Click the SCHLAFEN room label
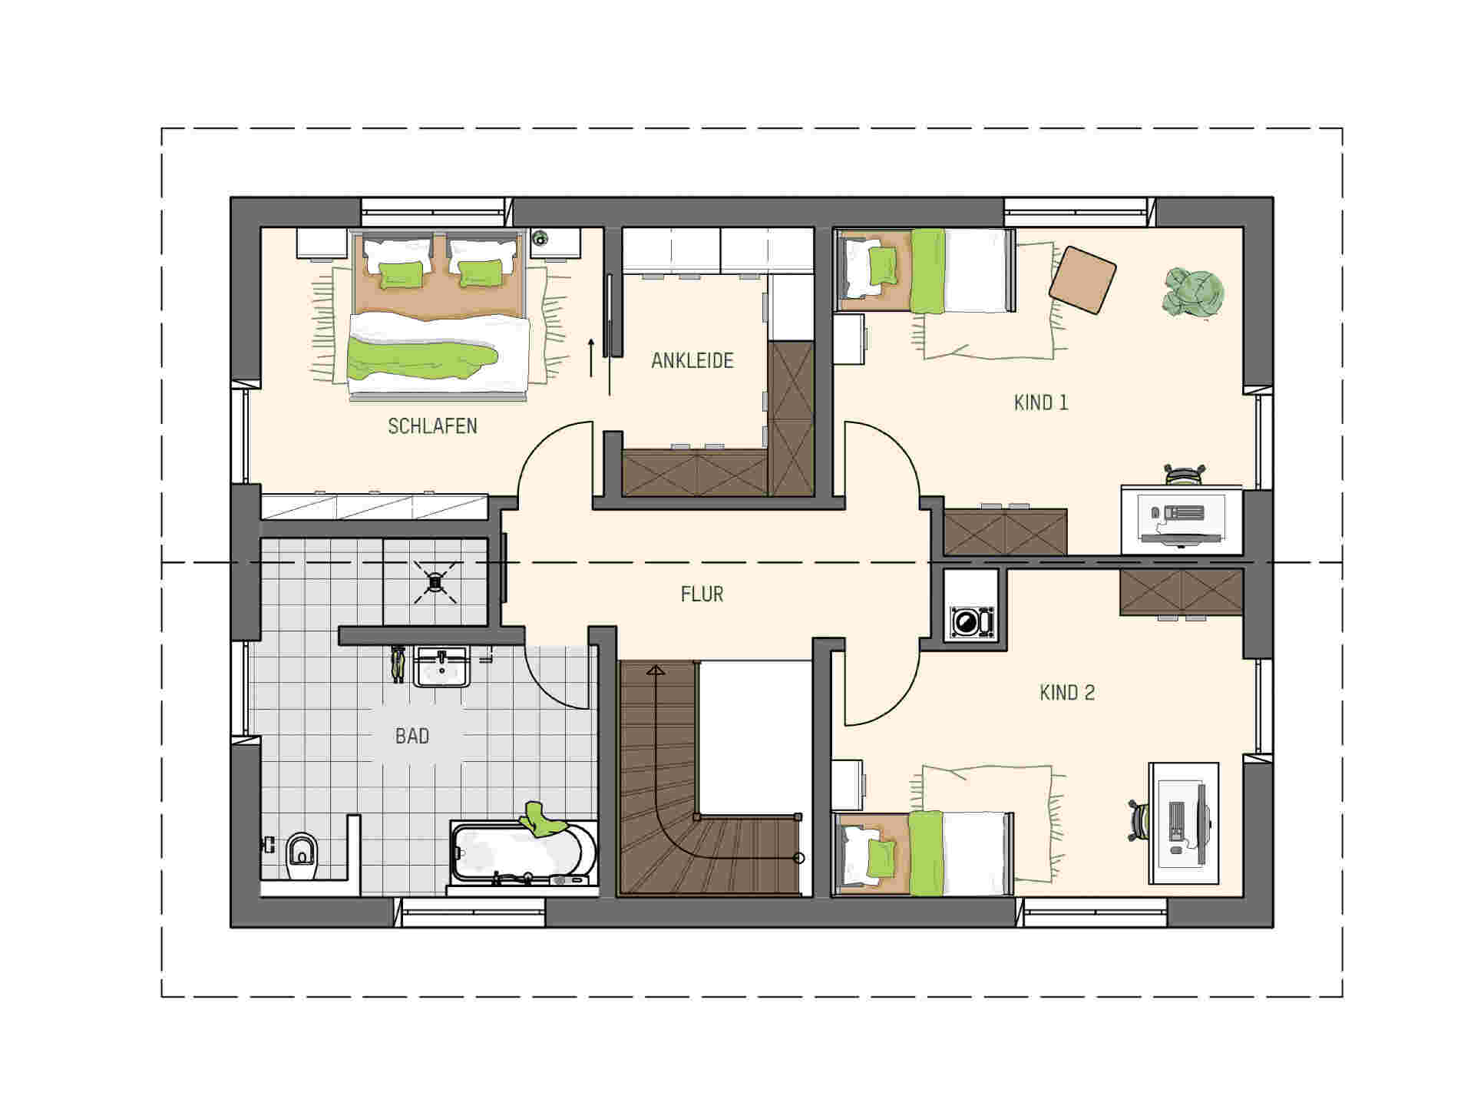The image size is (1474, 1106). tap(432, 426)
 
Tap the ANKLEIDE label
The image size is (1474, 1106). tap(692, 360)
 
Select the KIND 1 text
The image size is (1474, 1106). tap(1041, 402)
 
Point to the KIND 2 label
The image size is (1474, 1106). tap(1067, 693)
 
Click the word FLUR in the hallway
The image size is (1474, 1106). tap(702, 594)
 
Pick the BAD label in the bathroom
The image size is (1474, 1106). tap(412, 736)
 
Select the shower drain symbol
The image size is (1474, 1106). tap(435, 582)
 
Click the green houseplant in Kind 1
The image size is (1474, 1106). tap(1191, 292)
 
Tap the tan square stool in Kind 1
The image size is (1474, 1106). tap(1082, 280)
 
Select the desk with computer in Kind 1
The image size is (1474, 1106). tap(1182, 519)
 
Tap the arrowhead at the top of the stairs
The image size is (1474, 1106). tap(655, 671)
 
